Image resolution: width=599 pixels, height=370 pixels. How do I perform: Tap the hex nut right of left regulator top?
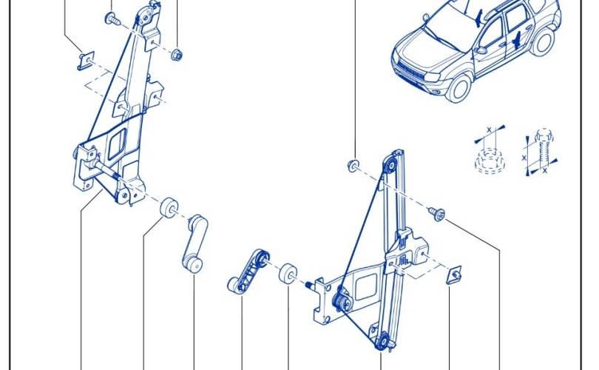click(176, 54)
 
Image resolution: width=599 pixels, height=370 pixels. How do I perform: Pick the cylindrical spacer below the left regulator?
click(169, 207)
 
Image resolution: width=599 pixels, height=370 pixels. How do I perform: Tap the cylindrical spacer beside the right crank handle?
click(288, 273)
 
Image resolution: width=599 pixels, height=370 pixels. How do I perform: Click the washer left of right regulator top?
click(353, 164)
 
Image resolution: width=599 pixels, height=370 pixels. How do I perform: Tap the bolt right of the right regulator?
click(439, 214)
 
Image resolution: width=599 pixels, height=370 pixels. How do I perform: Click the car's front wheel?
click(461, 88)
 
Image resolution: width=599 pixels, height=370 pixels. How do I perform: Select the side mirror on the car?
click(481, 50)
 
